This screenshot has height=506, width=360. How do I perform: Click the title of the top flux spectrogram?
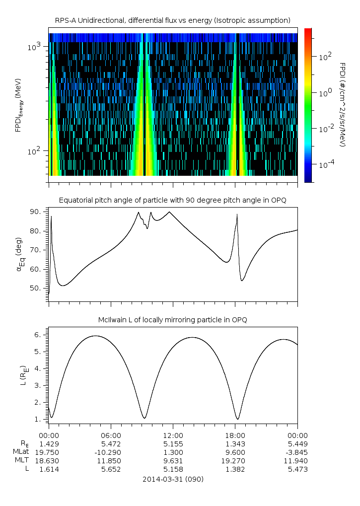(x=172, y=20)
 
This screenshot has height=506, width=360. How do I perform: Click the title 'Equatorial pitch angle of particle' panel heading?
(x=172, y=200)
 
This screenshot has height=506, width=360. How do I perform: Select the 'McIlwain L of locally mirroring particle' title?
(x=172, y=320)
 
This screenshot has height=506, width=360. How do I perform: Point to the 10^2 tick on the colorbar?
(x=324, y=57)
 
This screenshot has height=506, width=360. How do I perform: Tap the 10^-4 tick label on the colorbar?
(x=325, y=164)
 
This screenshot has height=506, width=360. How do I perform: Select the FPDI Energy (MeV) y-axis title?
(x=18, y=104)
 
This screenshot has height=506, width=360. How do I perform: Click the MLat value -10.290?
(x=111, y=452)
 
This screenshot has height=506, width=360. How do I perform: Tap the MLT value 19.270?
(x=235, y=461)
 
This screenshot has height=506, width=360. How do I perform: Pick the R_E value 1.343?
(x=235, y=443)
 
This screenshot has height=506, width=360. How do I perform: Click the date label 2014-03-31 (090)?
(x=172, y=479)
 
